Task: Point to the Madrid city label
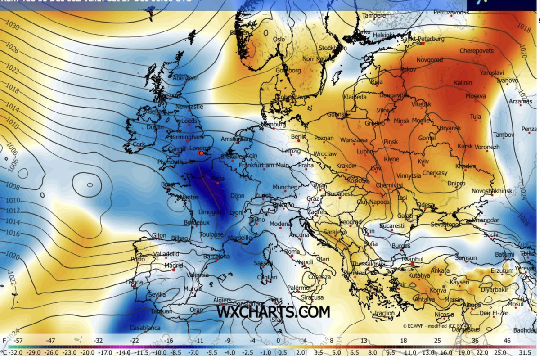pyautogui.click(x=174, y=265)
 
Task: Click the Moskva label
pyautogui.click(x=476, y=96)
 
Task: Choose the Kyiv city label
pyautogui.click(x=423, y=161)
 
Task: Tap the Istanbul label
pyautogui.click(x=413, y=260)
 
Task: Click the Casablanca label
pyautogui.click(x=145, y=328)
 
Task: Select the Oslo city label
pyautogui.click(x=279, y=40)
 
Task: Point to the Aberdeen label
pyautogui.click(x=186, y=78)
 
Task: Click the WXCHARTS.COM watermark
pyautogui.click(x=274, y=312)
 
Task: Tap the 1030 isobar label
pyautogui.click(x=12, y=27)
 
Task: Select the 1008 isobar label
pyautogui.click(x=12, y=186)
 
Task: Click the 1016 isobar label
pyautogui.click(x=13, y=234)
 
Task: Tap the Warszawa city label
pyautogui.click(x=354, y=140)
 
